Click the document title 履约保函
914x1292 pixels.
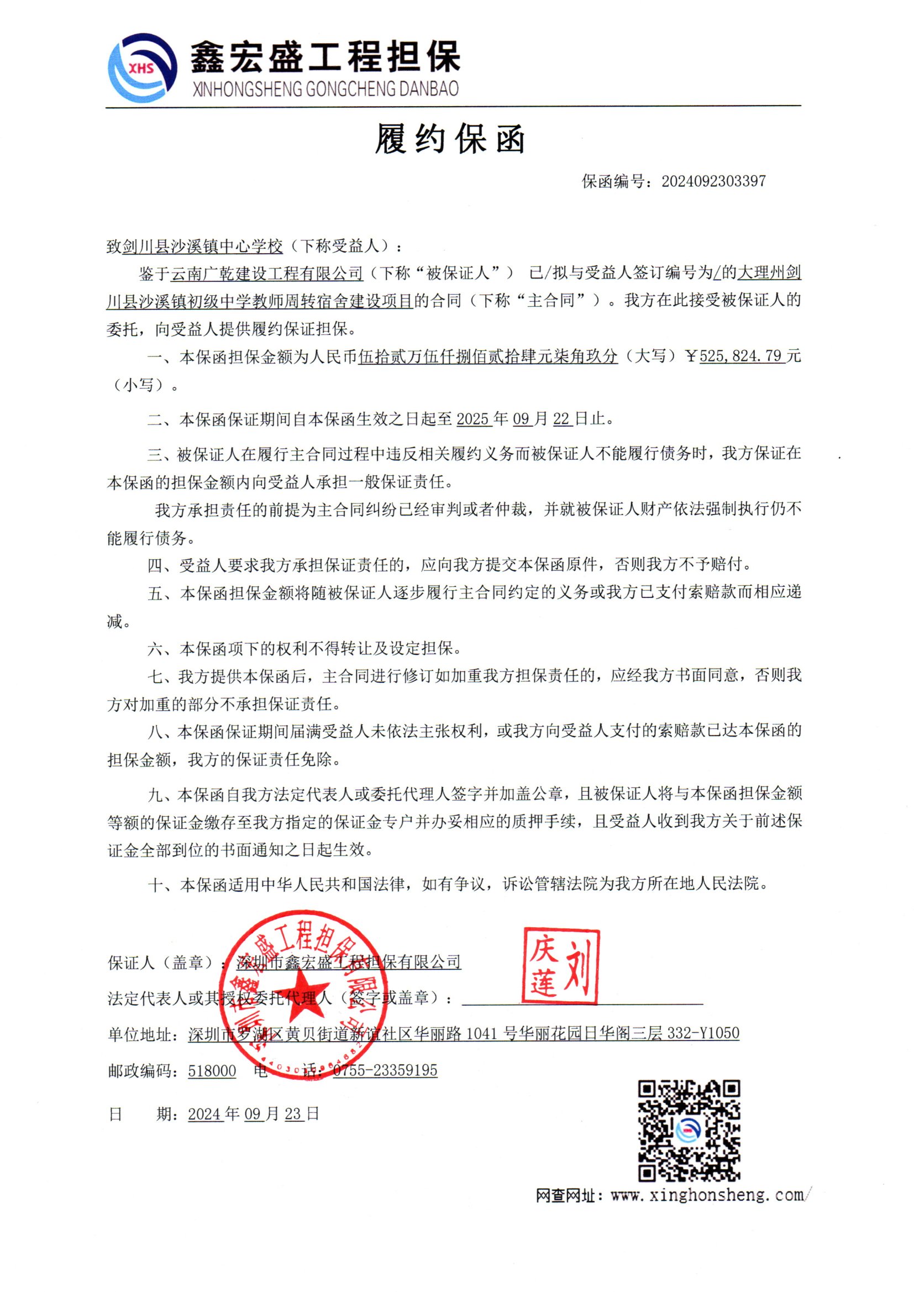tap(450, 139)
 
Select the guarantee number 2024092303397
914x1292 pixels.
tap(713, 181)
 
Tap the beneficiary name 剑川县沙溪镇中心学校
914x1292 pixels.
tap(203, 246)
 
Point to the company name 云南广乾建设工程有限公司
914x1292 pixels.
tap(267, 274)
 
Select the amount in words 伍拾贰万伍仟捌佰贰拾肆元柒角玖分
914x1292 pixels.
tap(487, 356)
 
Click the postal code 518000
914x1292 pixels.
tap(212, 1070)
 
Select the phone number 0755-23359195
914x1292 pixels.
tap(385, 1070)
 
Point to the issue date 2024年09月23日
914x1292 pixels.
tap(253, 1114)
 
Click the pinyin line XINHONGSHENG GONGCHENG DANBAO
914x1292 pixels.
tap(325, 89)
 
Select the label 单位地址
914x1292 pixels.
tap(139, 1034)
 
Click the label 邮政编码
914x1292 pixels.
tap(140, 1071)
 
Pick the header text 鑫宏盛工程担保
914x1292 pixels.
tap(325, 56)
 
